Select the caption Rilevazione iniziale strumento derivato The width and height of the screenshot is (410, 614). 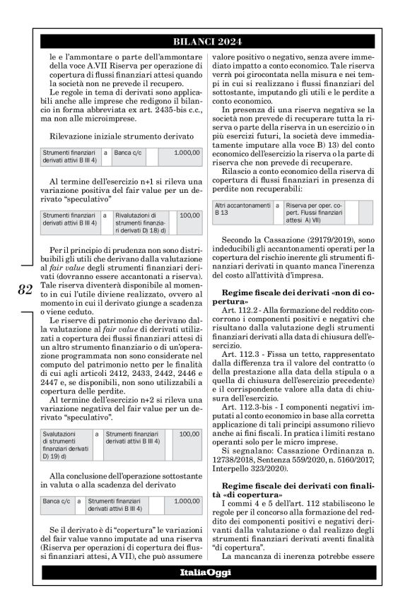[x=122, y=135]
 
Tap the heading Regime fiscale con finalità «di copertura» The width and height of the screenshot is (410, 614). [x=293, y=472]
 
